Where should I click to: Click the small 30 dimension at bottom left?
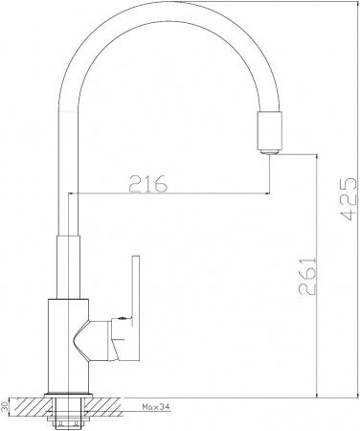[x=6, y=407]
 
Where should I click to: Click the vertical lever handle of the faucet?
[x=134, y=287]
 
